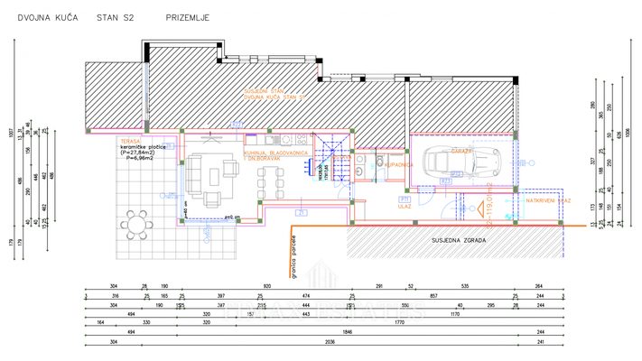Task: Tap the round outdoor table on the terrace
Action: pyautogui.click(x=139, y=223)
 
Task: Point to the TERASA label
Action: pyautogui.click(x=128, y=142)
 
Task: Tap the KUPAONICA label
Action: pyautogui.click(x=398, y=165)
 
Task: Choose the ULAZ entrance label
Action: pyautogui.click(x=405, y=206)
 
